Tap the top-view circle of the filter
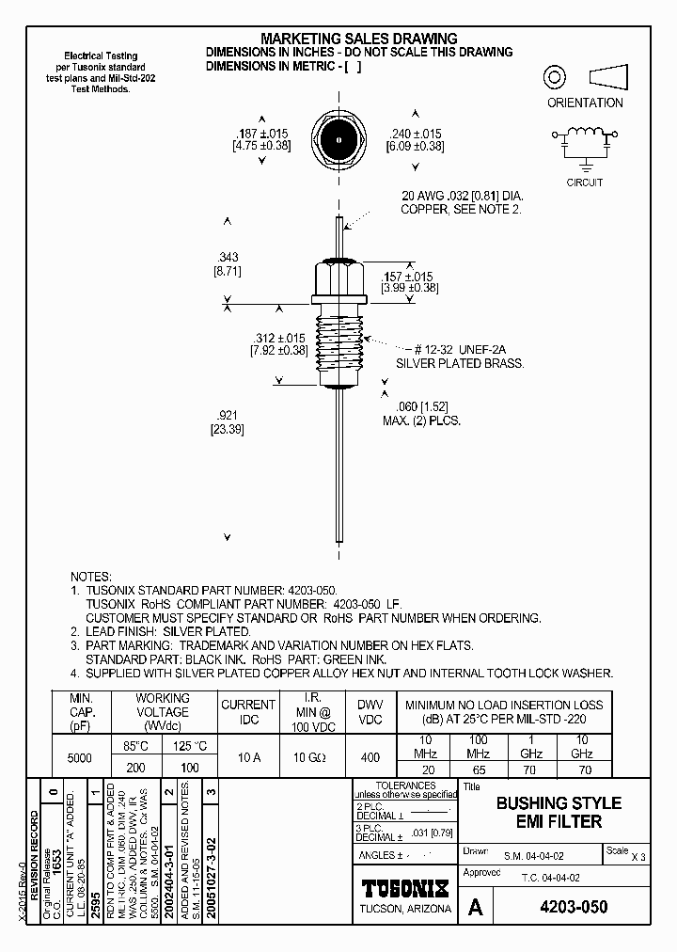[x=337, y=140]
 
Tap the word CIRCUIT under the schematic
[x=584, y=182]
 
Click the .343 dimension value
[x=228, y=256]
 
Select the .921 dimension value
[x=228, y=414]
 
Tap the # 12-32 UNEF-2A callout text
[x=470, y=348]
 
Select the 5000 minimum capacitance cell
[x=80, y=757]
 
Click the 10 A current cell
[x=248, y=757]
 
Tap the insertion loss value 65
[x=478, y=769]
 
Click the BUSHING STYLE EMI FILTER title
[x=559, y=812]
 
